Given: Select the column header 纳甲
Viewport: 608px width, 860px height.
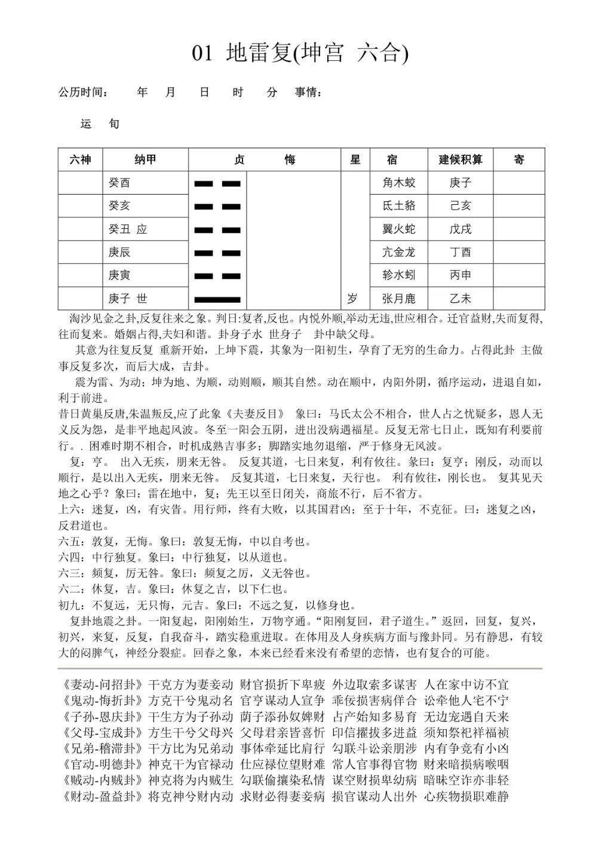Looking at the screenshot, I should pyautogui.click(x=145, y=159).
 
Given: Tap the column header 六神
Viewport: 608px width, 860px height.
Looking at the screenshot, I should pyautogui.click(x=80, y=159).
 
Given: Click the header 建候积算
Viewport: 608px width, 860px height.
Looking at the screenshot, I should pyautogui.click(x=460, y=159).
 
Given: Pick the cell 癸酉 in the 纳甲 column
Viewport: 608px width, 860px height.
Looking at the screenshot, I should pyautogui.click(x=119, y=183).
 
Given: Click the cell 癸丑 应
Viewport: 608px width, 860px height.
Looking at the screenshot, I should pyautogui.click(x=127, y=229).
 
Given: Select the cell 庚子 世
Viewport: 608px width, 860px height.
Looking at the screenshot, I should pyautogui.click(x=127, y=299).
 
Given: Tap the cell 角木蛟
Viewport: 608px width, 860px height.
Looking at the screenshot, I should pyautogui.click(x=399, y=183).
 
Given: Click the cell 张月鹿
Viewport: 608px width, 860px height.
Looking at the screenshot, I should pyautogui.click(x=399, y=299).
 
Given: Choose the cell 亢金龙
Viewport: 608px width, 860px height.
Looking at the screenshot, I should pyautogui.click(x=399, y=252).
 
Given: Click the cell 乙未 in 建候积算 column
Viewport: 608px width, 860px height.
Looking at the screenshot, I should pyautogui.click(x=460, y=299).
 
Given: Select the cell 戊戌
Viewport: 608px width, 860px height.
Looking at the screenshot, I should pyautogui.click(x=460, y=229).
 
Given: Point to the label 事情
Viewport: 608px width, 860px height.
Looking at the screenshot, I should pyautogui.click(x=308, y=93).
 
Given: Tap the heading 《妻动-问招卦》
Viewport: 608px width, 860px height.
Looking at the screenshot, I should pyautogui.click(x=102, y=685).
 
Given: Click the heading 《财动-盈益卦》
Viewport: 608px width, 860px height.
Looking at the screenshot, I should pyautogui.click(x=102, y=796).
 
